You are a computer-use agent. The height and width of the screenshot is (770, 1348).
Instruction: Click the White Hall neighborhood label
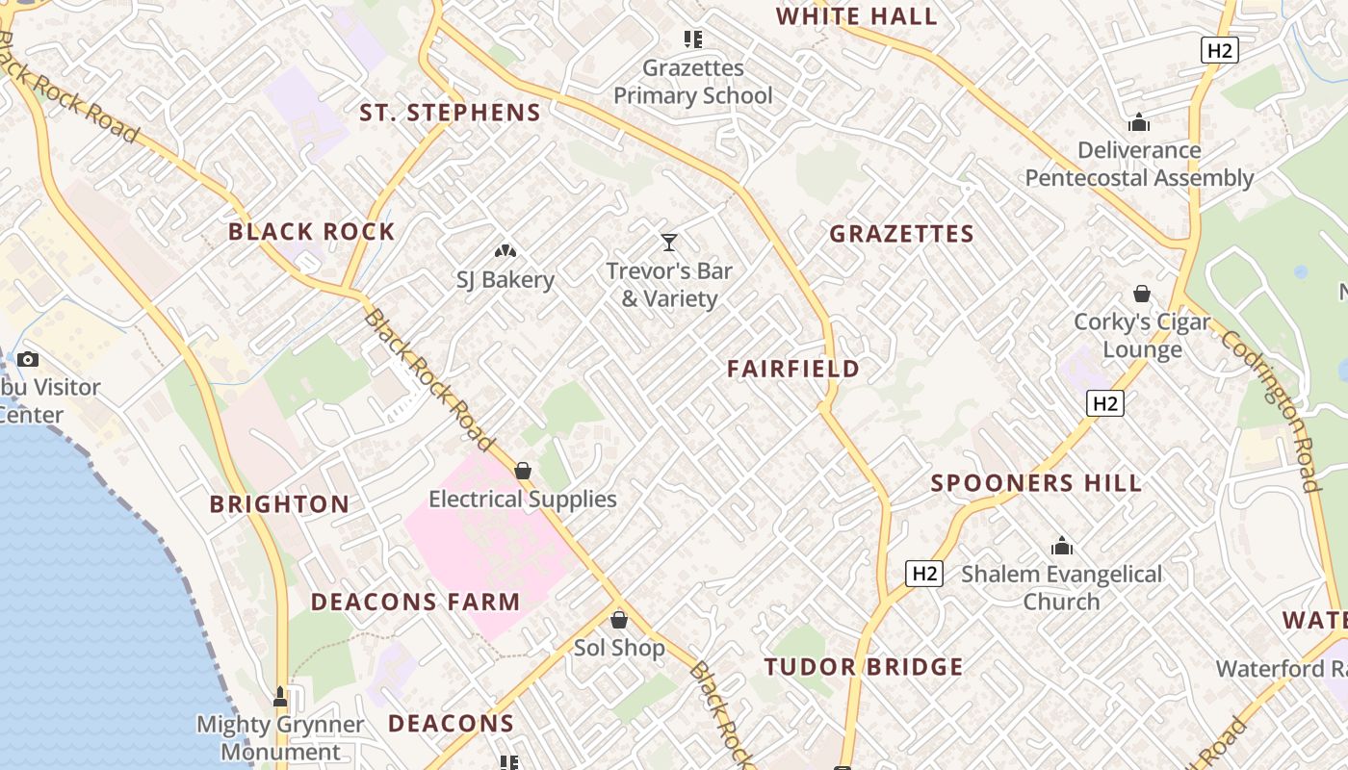point(856,16)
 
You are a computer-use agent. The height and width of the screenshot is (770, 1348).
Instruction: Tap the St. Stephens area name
point(450,113)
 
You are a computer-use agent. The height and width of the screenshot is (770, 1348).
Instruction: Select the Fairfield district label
point(793,369)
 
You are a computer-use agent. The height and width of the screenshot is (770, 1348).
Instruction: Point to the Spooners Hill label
point(1036,483)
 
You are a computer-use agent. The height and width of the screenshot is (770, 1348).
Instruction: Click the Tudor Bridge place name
point(864,667)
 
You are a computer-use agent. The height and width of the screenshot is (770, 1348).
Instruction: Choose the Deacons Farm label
point(415,603)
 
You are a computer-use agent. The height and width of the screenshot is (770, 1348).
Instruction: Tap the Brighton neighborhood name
point(279,504)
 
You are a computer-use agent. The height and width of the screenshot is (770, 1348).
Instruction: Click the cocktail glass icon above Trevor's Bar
point(669,243)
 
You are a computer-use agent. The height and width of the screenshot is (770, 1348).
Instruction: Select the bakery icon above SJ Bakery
point(505,251)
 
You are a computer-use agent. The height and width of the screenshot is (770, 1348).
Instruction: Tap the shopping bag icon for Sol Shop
point(619,620)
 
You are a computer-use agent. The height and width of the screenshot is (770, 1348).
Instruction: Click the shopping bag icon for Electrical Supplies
point(523,471)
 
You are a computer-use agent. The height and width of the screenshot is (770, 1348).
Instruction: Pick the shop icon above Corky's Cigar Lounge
point(1142,294)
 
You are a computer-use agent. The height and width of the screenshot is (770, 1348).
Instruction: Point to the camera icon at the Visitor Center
point(28,359)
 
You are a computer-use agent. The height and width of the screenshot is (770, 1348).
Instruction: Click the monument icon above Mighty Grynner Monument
point(280,696)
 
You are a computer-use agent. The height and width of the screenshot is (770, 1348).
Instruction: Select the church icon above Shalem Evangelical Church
point(1062,546)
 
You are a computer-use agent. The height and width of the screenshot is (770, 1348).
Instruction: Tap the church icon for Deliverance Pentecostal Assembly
point(1139,122)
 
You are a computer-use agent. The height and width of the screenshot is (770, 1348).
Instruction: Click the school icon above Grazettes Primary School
point(692,39)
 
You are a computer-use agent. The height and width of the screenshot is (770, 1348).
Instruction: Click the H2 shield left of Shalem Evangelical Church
point(924,574)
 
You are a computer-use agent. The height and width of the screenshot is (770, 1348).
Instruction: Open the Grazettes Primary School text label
point(693,82)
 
